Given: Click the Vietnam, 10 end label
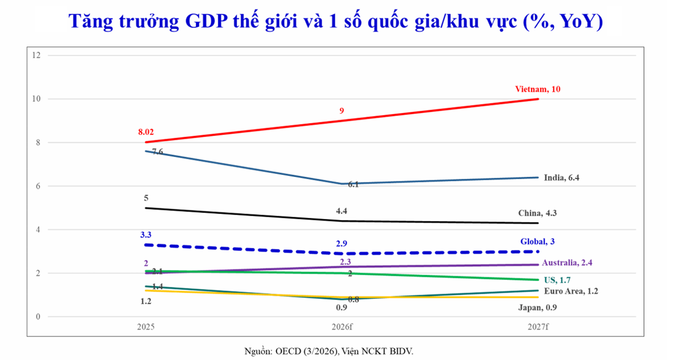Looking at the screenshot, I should point(538,89).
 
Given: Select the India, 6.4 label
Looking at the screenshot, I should point(561,178).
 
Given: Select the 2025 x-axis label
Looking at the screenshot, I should point(146,326).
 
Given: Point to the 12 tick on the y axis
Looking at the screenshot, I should point(36,55).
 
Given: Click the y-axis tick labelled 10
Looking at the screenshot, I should point(36,99).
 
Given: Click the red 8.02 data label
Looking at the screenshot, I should point(146,131).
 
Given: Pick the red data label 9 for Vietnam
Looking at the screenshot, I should point(341,111).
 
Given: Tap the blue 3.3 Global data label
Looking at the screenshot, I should point(146,234).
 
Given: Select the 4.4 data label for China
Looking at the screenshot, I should point(341,211).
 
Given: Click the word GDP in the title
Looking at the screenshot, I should point(209,21).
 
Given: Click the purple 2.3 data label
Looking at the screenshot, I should point(345,261).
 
